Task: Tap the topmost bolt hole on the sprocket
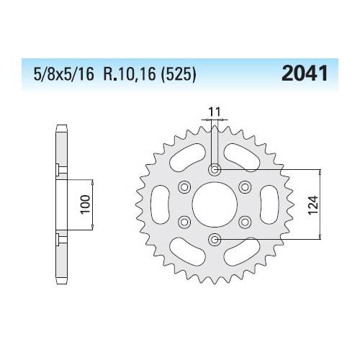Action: [x=214, y=170]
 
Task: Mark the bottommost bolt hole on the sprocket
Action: [x=214, y=238]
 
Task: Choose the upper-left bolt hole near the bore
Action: [x=185, y=187]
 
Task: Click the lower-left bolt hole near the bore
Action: [x=185, y=221]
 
